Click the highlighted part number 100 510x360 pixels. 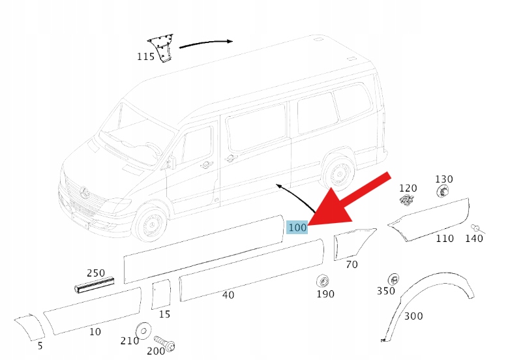pos(297,227)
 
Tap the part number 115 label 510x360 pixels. pos(145,57)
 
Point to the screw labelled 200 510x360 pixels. pos(165,343)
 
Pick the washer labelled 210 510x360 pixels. pos(143,331)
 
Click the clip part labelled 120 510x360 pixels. pos(406,200)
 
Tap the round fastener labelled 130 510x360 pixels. pos(443,191)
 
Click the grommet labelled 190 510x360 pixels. pos(323,280)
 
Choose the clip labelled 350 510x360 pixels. pos(393,279)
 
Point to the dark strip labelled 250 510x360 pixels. pos(95,285)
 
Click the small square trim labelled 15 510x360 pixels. pos(161,294)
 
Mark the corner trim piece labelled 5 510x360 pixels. pos(30,327)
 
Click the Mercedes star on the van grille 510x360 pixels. pos(85,192)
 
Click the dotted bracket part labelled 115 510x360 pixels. pos(161,48)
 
